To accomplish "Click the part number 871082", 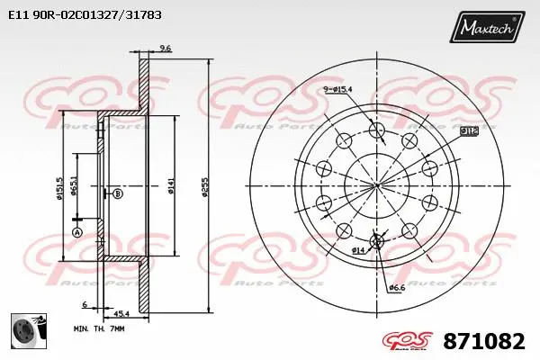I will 484,341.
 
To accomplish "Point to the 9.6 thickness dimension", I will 165,48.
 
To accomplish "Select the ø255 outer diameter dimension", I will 206,187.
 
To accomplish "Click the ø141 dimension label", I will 171,187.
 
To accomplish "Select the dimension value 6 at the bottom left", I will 83,304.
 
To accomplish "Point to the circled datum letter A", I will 76,232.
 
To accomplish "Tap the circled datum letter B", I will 117,193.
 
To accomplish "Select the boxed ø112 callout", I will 468,131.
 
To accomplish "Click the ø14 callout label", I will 357,249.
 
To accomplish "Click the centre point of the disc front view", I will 377,185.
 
